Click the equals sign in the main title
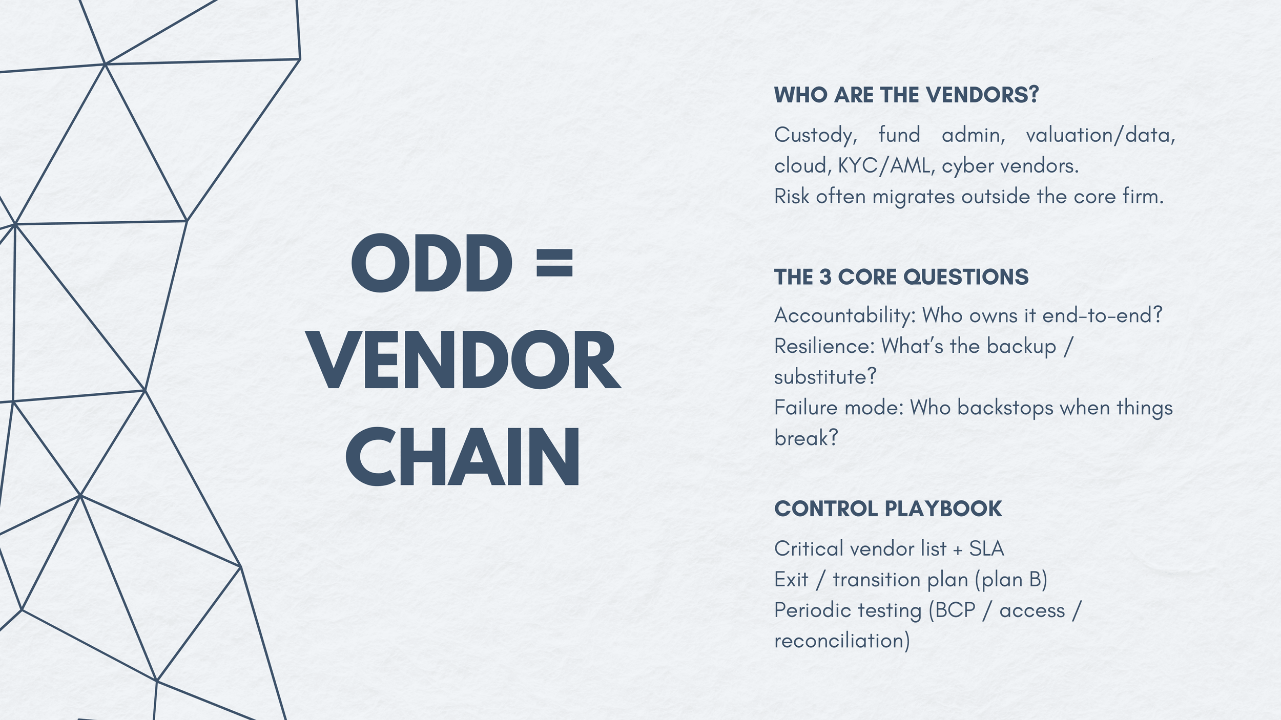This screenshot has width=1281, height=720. [554, 263]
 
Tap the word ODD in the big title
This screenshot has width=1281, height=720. [431, 264]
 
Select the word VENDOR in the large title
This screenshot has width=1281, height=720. [465, 361]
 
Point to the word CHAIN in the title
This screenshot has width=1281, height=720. [463, 457]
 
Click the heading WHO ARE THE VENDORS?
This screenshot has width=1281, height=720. [906, 95]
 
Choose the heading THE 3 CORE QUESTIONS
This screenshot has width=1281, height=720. [901, 277]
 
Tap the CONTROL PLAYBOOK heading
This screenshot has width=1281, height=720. [887, 509]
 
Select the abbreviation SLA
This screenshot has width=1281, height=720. [986, 549]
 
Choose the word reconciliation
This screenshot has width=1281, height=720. [841, 641]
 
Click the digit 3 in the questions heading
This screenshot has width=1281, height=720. [825, 277]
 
